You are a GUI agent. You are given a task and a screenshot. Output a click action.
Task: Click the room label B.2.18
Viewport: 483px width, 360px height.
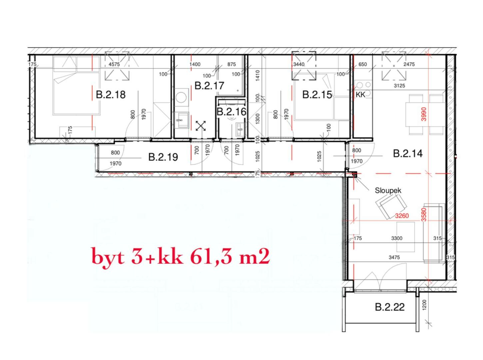[111, 95]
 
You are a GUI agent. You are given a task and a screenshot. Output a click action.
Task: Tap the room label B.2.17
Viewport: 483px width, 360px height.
[209, 86]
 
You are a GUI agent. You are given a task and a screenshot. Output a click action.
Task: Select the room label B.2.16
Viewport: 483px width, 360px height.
[232, 112]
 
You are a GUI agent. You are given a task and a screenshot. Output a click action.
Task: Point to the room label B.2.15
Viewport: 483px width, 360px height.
[317, 95]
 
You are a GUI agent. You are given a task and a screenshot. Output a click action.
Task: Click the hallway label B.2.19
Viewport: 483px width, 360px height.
[163, 157]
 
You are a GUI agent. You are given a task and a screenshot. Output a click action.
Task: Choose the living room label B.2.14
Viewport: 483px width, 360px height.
[408, 154]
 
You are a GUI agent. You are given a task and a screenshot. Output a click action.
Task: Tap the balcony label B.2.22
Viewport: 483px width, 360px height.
[390, 307]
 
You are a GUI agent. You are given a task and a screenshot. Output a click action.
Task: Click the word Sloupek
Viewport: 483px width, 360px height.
[388, 191]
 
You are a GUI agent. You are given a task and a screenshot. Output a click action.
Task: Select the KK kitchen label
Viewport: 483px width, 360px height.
[360, 95]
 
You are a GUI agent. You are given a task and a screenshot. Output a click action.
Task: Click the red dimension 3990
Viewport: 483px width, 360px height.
[424, 114]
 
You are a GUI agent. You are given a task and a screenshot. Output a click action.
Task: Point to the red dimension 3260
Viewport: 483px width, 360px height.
[402, 216]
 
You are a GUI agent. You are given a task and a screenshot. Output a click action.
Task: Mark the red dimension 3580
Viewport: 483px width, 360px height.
[423, 214]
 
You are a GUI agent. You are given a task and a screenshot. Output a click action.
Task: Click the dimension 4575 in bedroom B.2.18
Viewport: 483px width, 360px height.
[114, 64]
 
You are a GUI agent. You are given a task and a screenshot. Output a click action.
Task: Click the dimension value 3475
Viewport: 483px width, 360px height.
[394, 257]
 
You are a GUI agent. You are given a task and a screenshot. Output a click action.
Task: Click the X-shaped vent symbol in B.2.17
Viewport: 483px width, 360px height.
[201, 126]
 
